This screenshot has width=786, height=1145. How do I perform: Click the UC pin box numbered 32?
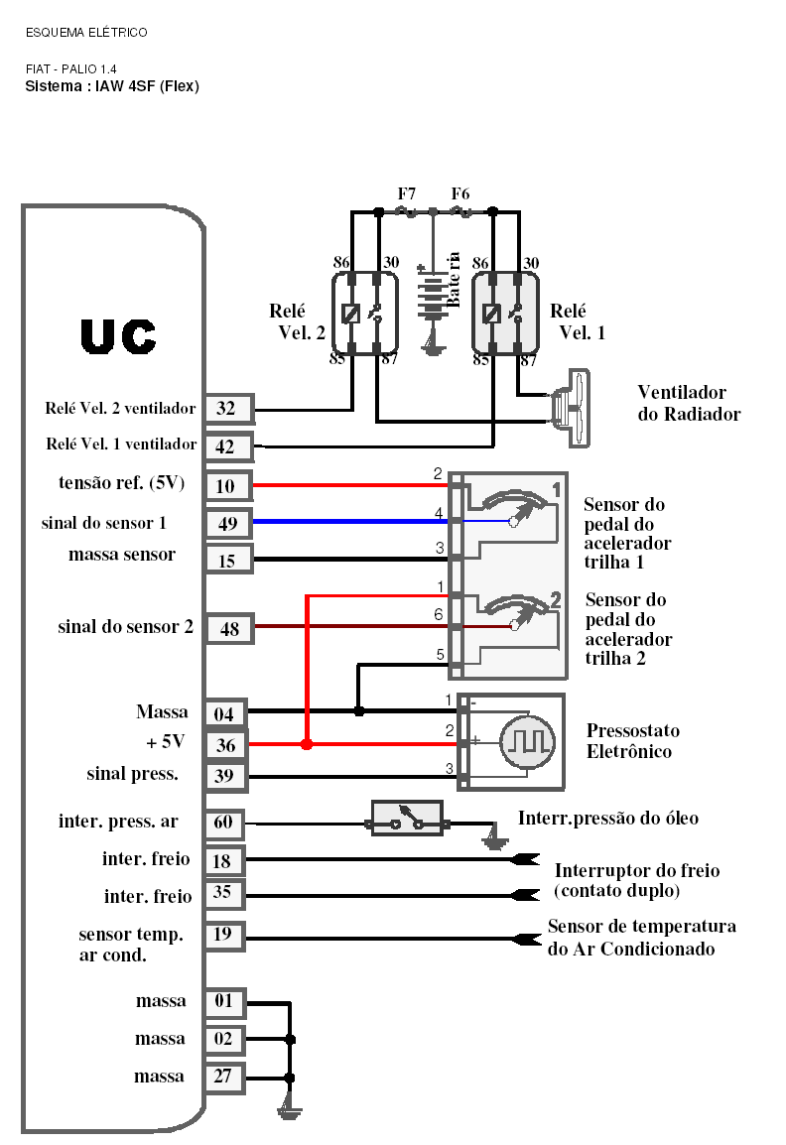[227, 409]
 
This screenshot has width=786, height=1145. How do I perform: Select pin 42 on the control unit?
[227, 447]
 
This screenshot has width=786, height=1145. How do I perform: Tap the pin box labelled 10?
[227, 486]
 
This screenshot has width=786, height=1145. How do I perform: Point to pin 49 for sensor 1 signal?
[227, 523]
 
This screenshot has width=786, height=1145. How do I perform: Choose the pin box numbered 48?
[229, 628]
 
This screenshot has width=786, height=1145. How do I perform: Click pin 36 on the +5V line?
[227, 745]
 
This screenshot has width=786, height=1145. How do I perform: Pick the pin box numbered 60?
[224, 823]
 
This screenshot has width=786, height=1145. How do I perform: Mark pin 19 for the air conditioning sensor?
[223, 935]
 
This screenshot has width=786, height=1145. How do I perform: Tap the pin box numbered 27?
[223, 1078]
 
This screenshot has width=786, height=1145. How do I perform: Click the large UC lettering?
[118, 338]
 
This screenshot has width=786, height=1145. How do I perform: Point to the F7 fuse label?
[407, 193]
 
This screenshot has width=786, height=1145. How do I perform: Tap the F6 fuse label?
[460, 193]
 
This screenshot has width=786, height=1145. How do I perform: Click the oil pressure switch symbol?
[407, 820]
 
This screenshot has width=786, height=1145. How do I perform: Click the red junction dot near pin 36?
[307, 743]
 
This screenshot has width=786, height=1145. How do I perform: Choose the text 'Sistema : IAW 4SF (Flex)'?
[112, 86]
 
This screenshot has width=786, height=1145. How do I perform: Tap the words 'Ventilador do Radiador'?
[689, 404]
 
